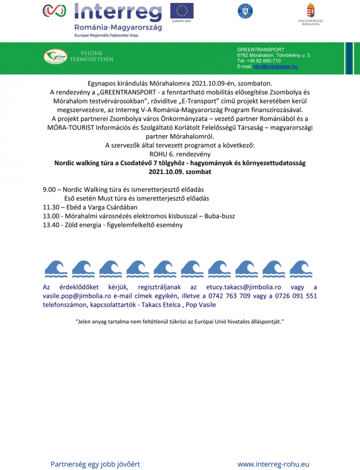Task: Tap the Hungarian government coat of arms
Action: pyautogui.click(x=311, y=11)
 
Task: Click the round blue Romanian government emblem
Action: pyautogui.click(x=245, y=11)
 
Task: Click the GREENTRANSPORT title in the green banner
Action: pyautogui.click(x=261, y=49)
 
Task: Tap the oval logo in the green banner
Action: pyautogui.click(x=55, y=57)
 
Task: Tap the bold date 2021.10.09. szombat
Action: pyautogui.click(x=180, y=171)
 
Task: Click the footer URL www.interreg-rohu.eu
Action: pyautogui.click(x=273, y=464)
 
